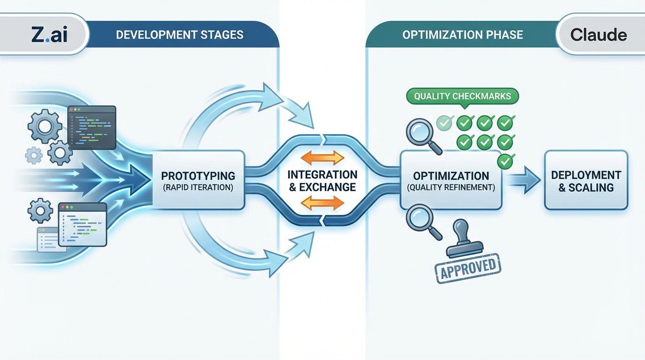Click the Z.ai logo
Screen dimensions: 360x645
pyautogui.click(x=49, y=35)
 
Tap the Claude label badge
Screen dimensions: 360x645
pyautogui.click(x=598, y=35)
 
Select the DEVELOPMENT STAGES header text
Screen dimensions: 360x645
pyautogui.click(x=180, y=35)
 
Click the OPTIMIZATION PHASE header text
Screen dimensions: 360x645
pyautogui.click(x=462, y=35)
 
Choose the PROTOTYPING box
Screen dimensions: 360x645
pyautogui.click(x=198, y=180)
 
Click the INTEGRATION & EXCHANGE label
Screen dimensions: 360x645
pyautogui.click(x=322, y=181)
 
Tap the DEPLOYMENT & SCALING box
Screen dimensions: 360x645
pyautogui.click(x=586, y=181)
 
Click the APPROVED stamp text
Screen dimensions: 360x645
pyautogui.click(x=467, y=268)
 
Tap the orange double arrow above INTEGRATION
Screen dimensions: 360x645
pyautogui.click(x=322, y=157)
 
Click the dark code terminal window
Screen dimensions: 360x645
pyautogui.click(x=92, y=127)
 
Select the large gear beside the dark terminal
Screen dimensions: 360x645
pyautogui.click(x=45, y=126)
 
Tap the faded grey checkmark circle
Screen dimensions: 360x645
pyautogui.click(x=444, y=123)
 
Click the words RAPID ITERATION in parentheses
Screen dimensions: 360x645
pyautogui.click(x=198, y=187)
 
